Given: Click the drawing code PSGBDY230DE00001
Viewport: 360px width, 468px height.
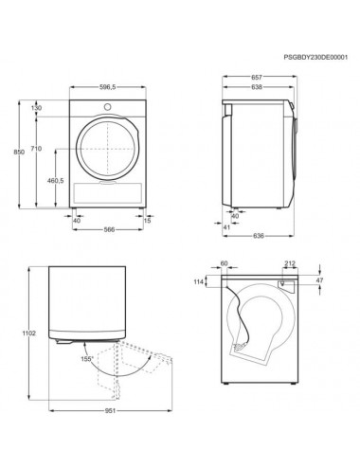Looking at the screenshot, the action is [x=315, y=57].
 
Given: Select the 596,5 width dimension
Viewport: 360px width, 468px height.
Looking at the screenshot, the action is [x=108, y=87].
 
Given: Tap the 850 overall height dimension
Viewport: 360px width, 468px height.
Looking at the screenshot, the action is [x=19, y=152].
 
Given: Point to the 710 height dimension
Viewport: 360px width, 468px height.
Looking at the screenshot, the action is [x=36, y=148].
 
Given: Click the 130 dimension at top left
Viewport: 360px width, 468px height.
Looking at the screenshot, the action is [x=36, y=108].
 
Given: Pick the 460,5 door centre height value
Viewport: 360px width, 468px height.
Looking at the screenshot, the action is [x=56, y=181].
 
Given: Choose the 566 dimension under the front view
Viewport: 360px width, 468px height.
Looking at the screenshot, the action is [x=109, y=229].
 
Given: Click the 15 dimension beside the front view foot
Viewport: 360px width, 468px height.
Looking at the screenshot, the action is [x=147, y=221].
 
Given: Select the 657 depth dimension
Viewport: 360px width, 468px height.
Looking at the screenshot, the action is [x=257, y=77].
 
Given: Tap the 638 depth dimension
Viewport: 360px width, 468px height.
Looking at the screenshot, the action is [x=257, y=87].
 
